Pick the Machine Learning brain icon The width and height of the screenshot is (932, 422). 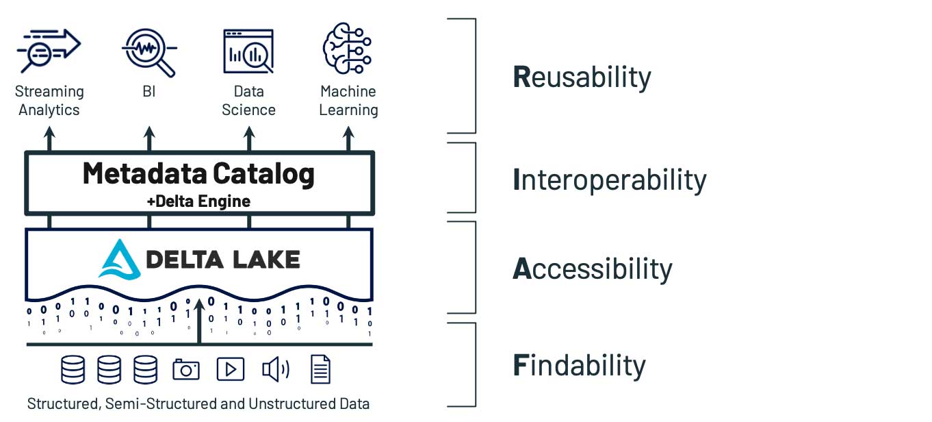[348, 48]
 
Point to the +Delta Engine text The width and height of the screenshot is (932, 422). [198, 201]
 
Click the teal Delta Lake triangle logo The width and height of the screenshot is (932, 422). [120, 260]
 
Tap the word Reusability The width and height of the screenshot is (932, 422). [582, 77]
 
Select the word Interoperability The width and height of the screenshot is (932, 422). [609, 180]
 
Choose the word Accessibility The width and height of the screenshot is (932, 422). [592, 269]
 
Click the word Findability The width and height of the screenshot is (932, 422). [579, 366]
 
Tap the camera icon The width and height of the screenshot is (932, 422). [185, 370]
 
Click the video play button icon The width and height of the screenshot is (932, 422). [230, 370]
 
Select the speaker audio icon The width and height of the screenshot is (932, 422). [276, 370]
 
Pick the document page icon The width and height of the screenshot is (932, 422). [320, 370]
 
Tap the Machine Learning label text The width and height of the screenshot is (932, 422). [348, 101]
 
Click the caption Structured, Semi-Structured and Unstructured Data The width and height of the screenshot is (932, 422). [198, 404]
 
